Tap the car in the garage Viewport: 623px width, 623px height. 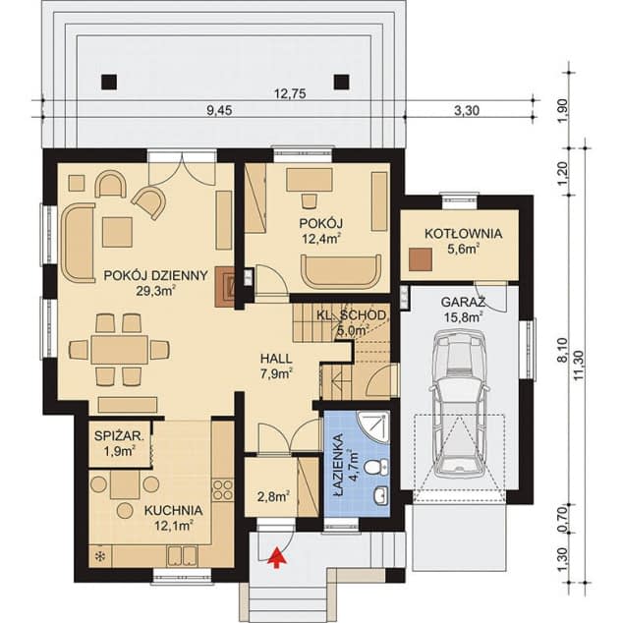coord(460,405)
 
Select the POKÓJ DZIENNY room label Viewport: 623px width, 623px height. coord(155,275)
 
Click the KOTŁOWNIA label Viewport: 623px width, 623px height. coord(463,233)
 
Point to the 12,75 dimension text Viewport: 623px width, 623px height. coord(290,93)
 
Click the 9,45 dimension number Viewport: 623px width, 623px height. coord(219,110)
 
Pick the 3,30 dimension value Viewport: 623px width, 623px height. coord(466,110)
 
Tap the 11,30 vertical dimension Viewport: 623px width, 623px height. coord(580,365)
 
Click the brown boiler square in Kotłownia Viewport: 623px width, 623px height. coord(421,259)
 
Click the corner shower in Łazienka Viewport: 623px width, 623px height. coord(372,426)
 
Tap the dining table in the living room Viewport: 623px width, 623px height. coord(119,350)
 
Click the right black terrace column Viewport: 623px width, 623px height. coord(341,82)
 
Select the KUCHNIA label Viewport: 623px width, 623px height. coord(173,511)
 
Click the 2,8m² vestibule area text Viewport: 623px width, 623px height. coord(273,496)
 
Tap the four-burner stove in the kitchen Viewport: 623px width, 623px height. coord(222,489)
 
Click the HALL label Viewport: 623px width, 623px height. coord(276,359)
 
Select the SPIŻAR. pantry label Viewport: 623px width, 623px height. coord(119,436)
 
